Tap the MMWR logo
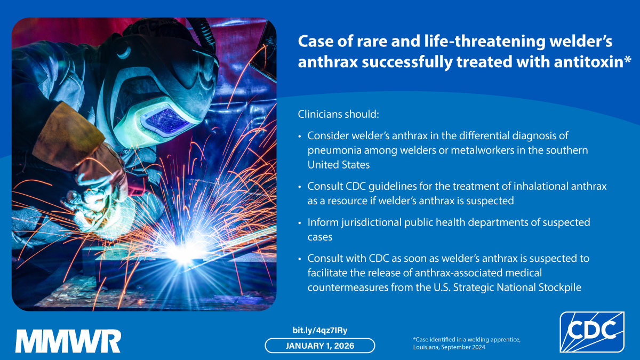click(x=68, y=341)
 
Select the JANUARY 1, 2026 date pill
click(x=320, y=346)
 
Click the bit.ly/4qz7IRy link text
click(x=320, y=330)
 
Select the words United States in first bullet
click(x=339, y=165)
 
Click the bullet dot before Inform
click(x=299, y=222)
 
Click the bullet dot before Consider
click(x=299, y=137)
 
